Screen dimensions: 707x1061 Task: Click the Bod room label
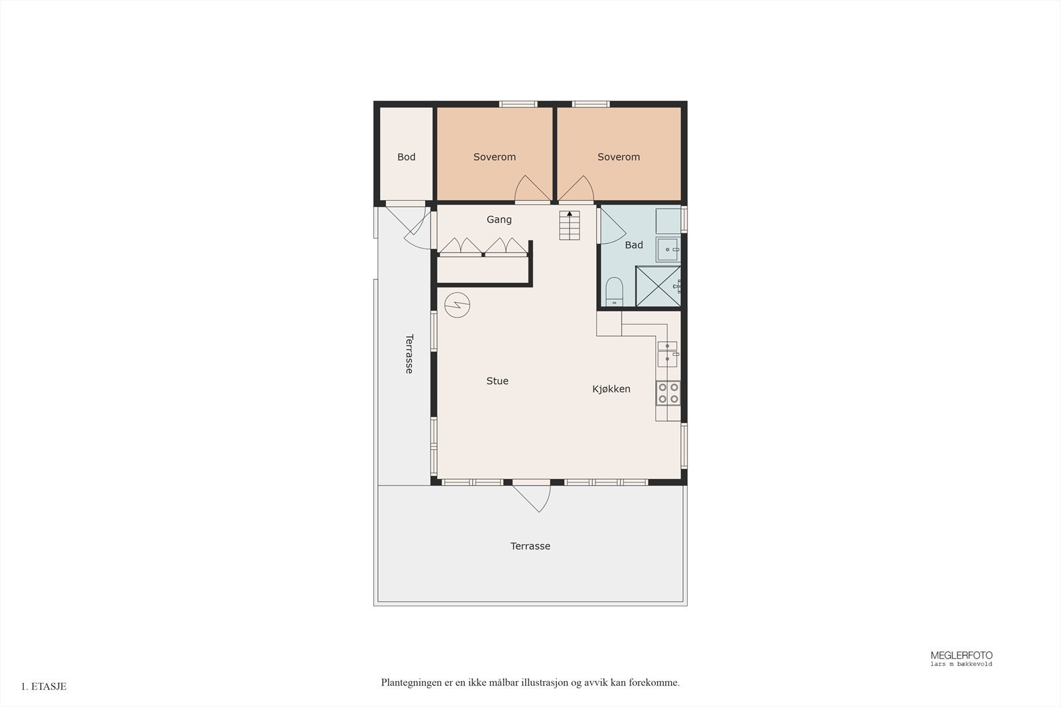pos(406,157)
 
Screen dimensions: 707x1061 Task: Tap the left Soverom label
pos(494,157)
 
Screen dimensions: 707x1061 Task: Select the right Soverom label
pos(618,157)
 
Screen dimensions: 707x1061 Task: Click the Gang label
pos(499,219)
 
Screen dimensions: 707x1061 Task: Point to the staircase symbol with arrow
pos(569,225)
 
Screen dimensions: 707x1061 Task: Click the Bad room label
pos(633,245)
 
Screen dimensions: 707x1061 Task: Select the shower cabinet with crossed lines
pos(658,286)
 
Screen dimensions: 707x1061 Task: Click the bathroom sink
pos(668,250)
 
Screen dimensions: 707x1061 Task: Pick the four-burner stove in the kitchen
pos(668,393)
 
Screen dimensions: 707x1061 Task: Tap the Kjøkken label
pos(611,389)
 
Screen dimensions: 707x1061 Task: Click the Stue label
pos(497,381)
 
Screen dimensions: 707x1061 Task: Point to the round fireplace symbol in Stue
pos(458,305)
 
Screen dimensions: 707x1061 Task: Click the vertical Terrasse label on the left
pos(409,354)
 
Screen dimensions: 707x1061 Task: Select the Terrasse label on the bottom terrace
pos(530,546)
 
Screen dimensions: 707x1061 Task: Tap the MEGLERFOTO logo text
pos(961,655)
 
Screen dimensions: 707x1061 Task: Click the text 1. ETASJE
pos(44,686)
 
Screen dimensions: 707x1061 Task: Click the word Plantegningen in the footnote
pos(411,682)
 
